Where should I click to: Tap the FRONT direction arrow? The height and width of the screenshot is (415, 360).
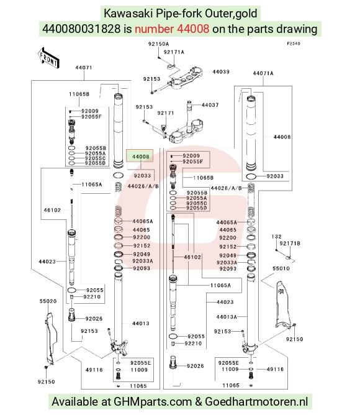[48, 57]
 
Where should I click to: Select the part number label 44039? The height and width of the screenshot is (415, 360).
[221, 71]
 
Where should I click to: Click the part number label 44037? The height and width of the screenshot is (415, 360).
[210, 105]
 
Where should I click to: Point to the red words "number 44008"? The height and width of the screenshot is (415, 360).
[172, 29]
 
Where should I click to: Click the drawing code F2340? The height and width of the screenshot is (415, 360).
[294, 43]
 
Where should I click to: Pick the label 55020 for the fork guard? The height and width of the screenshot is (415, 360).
[48, 301]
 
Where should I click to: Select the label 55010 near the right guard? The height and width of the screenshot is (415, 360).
[281, 268]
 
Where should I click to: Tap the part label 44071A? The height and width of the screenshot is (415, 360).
[263, 73]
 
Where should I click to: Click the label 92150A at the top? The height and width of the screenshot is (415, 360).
[158, 44]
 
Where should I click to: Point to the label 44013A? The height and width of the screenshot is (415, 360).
[227, 317]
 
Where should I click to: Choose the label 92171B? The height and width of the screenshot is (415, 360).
[290, 244]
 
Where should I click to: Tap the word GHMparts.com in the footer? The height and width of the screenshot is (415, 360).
[153, 402]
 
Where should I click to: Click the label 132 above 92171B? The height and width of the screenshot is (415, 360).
[276, 237]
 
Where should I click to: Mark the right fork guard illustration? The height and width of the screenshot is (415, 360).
[282, 305]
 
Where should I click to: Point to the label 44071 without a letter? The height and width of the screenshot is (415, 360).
[84, 68]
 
